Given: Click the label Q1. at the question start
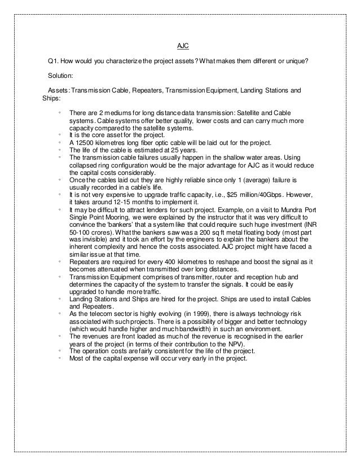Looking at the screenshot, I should click(54, 61).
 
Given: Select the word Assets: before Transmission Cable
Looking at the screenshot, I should click(59, 90).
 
